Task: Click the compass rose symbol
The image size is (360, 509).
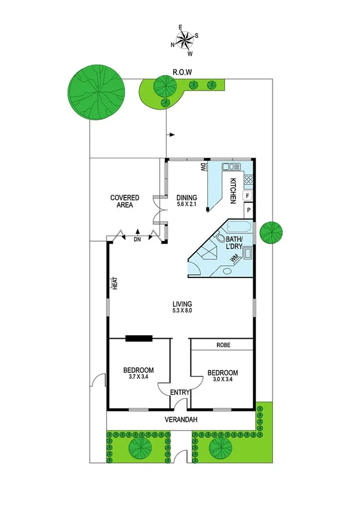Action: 185,40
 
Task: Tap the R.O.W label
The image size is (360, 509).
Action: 181,73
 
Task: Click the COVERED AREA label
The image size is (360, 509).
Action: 125,201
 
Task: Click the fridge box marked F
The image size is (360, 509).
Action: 247,195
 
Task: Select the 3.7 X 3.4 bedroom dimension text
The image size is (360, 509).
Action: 138,378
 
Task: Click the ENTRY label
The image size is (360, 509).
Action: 180,393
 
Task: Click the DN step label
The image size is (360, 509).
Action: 137,240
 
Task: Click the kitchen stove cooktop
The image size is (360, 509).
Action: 248,178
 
